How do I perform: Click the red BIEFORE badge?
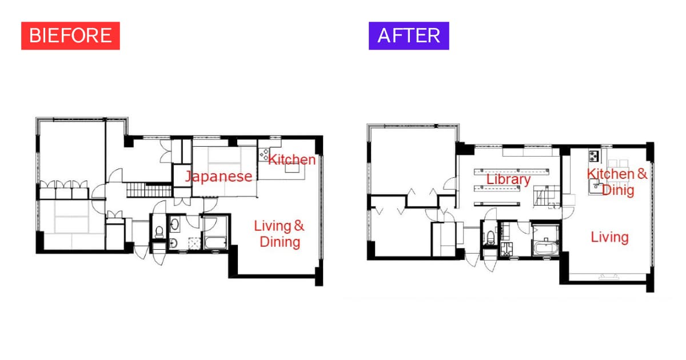click(70, 35)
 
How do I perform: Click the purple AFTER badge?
click(409, 35)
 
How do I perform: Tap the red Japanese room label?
click(218, 177)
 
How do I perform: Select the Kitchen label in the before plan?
click(292, 159)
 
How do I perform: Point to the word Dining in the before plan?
click(280, 242)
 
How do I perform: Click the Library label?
click(508, 179)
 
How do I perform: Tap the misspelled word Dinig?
click(618, 190)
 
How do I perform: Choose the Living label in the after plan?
click(610, 237)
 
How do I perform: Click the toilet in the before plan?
click(159, 232)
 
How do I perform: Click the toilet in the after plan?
click(490, 238)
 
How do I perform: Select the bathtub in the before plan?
click(216, 242)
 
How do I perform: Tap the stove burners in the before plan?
click(264, 155)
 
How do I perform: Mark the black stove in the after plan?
click(594, 156)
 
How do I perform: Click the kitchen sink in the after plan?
click(595, 186)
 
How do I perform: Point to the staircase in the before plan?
click(149, 190)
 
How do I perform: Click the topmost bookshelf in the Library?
click(512, 171)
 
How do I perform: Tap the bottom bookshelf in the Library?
click(497, 203)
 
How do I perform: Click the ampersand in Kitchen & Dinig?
click(642, 174)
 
